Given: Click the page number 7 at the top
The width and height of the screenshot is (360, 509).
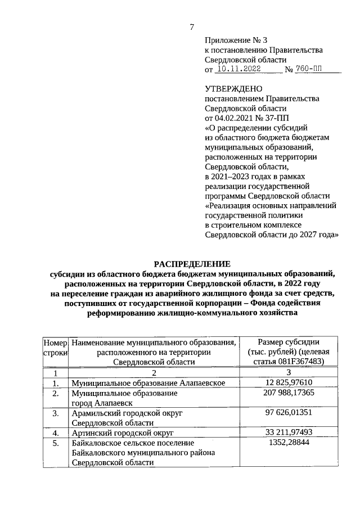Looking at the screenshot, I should coord(192,27).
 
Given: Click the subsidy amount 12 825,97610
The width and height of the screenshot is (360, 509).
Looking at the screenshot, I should coord(288,383).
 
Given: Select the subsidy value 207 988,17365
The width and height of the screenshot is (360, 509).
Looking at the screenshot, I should coord(288,393).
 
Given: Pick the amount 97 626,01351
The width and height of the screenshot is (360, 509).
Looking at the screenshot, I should coord(288,413).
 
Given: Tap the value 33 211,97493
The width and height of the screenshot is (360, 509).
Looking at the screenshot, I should coord(288,433).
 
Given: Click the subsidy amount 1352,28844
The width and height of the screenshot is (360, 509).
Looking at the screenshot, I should coord(288,443).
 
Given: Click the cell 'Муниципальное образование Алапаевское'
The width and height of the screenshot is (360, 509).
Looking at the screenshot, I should coord(148,383).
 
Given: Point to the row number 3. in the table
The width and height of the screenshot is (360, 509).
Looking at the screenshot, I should coord(56,413).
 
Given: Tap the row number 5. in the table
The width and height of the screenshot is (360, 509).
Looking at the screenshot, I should coord(56,443).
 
